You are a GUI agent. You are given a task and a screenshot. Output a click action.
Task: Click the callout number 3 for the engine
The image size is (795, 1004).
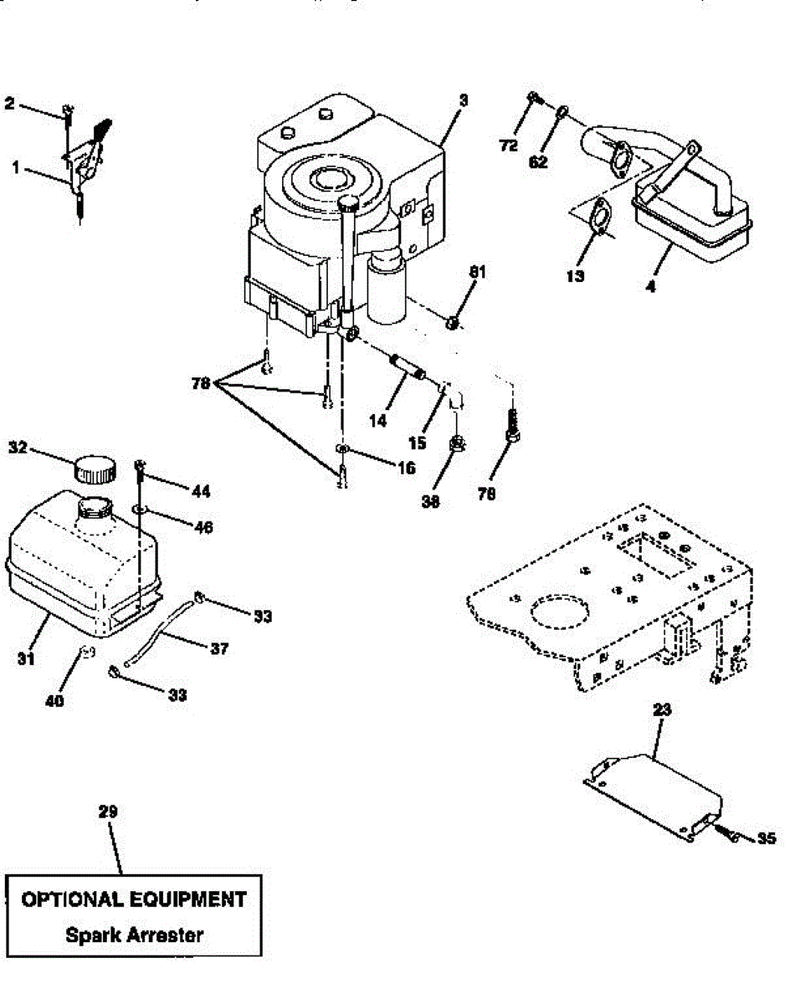[464, 101]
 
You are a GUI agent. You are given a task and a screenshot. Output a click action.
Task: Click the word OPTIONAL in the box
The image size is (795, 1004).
[69, 899]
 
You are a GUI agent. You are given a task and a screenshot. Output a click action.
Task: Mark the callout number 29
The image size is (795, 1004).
[107, 811]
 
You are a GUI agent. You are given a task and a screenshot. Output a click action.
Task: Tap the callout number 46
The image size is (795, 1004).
[203, 527]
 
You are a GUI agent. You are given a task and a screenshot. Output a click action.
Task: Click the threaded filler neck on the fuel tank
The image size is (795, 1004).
[95, 507]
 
